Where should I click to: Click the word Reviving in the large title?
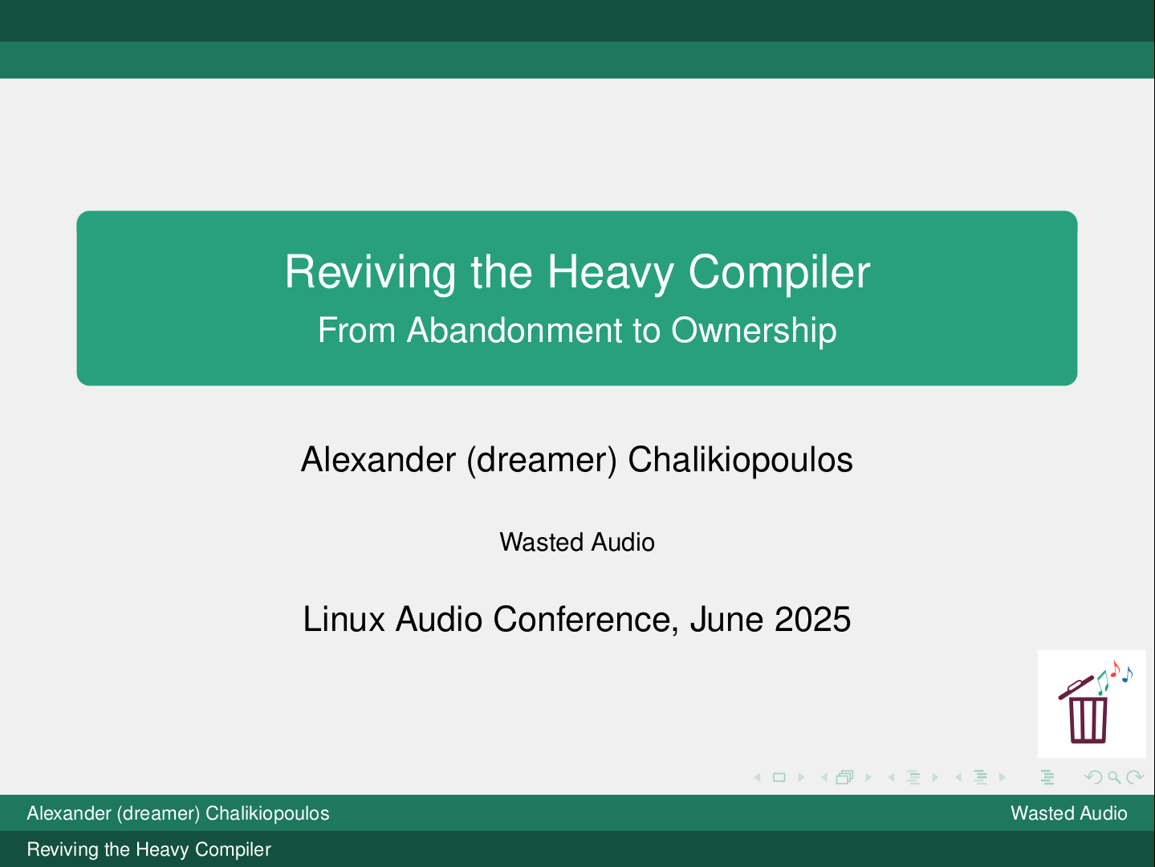pyautogui.click(x=370, y=272)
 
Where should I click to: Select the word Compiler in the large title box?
pyautogui.click(x=779, y=272)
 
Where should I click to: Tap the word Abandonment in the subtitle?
pyautogui.click(x=515, y=331)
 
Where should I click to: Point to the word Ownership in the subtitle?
pyautogui.click(x=754, y=332)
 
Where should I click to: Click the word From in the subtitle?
pyautogui.click(x=356, y=331)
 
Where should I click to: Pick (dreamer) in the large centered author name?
pyautogui.click(x=542, y=460)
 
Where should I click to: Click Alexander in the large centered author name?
pyautogui.click(x=378, y=459)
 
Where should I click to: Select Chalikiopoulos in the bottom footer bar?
pyautogui.click(x=267, y=813)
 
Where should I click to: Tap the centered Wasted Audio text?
pyautogui.click(x=577, y=543)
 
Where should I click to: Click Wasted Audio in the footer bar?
pyautogui.click(x=1068, y=813)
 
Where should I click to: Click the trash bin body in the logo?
pyautogui.click(x=1088, y=720)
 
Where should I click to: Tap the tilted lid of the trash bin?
pyautogui.click(x=1076, y=688)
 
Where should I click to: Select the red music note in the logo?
pyautogui.click(x=1115, y=668)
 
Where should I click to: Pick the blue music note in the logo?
pyautogui.click(x=1127, y=674)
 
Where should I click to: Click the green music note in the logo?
pyautogui.click(x=1102, y=683)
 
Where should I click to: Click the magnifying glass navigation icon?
pyautogui.click(x=1114, y=778)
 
